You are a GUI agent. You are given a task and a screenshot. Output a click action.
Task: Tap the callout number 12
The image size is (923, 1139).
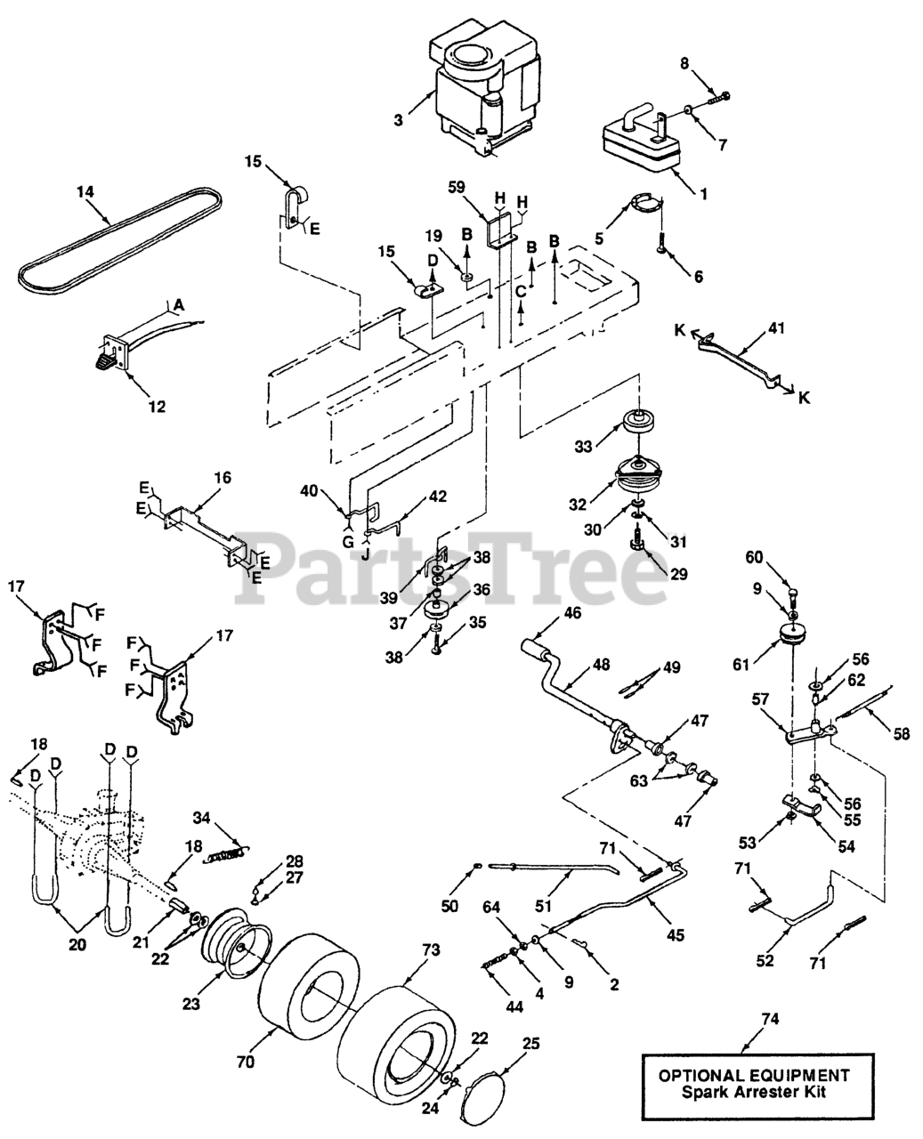(157, 407)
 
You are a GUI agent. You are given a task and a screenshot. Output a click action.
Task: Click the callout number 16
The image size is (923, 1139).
(222, 478)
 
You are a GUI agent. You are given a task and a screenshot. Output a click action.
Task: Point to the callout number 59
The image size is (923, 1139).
(457, 188)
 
